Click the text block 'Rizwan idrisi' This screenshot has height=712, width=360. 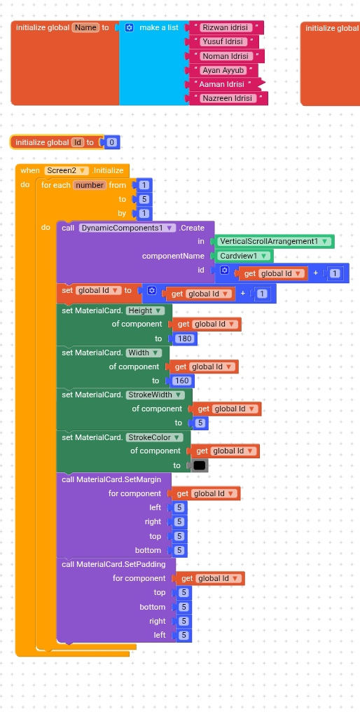[225, 27]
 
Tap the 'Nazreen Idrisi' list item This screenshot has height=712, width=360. [226, 99]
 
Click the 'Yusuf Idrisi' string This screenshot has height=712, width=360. [223, 42]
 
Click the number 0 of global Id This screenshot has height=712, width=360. [111, 142]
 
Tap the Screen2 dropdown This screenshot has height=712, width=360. [67, 171]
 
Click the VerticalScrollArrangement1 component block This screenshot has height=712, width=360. [275, 242]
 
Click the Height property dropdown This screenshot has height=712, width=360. [145, 311]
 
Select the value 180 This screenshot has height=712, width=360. [185, 338]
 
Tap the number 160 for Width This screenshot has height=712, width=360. [182, 381]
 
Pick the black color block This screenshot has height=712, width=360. [200, 465]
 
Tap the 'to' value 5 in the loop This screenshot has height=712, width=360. [144, 199]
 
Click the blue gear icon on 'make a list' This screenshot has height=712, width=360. [130, 28]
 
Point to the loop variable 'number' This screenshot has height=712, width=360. [90, 185]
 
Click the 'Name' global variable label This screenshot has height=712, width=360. [85, 28]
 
